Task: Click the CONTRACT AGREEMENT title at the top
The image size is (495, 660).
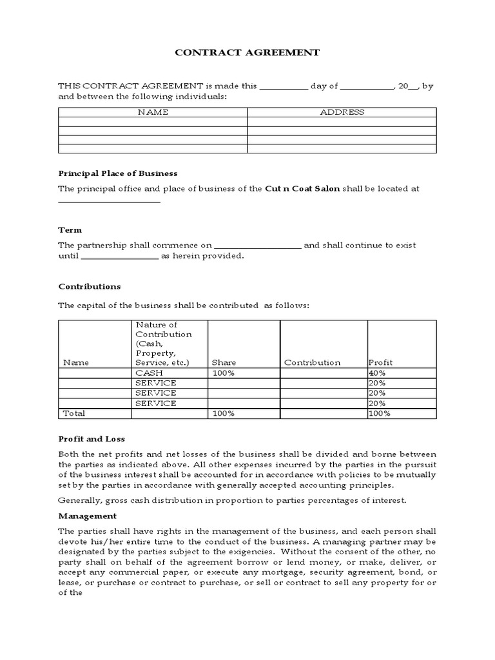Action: [247, 53]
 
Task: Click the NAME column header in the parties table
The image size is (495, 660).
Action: [153, 112]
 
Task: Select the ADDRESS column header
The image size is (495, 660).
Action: [342, 112]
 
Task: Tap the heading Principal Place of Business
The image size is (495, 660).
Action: [118, 173]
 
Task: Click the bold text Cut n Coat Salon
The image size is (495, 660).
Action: [302, 189]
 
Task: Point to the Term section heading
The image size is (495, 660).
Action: [70, 230]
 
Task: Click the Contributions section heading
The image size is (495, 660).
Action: [90, 286]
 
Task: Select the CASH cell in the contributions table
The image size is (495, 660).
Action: [149, 373]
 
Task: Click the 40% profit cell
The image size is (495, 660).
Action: [377, 373]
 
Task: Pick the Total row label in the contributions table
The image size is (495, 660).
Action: [73, 413]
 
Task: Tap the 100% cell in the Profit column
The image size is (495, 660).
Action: [379, 414]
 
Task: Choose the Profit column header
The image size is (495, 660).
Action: [380, 363]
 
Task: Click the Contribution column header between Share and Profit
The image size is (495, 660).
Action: [312, 363]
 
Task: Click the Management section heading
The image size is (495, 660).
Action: [88, 516]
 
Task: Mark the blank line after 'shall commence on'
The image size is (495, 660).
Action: [257, 247]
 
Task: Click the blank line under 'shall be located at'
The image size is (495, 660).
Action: [109, 202]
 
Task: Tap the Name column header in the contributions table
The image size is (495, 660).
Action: [75, 363]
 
